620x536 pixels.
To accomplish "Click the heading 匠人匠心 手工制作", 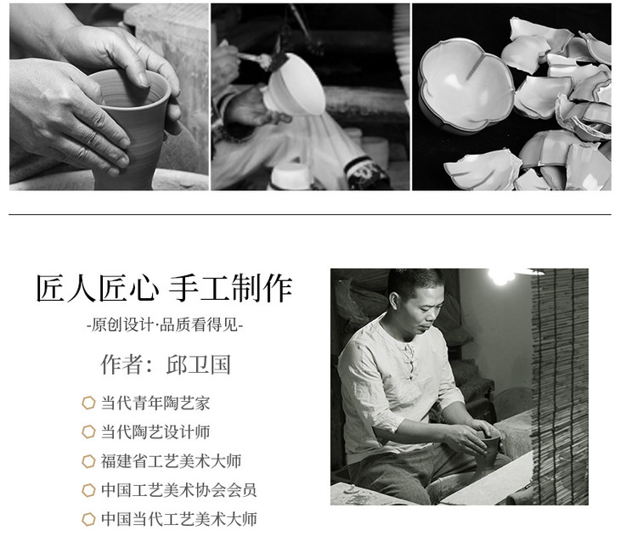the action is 164,288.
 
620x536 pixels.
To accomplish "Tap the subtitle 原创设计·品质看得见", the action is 165,325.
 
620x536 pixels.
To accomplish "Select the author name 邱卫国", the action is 199,364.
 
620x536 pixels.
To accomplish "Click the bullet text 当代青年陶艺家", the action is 155,403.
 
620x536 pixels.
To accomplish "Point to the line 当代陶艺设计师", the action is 155,432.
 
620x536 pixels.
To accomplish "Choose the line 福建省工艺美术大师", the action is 171,461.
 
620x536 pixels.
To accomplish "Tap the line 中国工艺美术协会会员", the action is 178,490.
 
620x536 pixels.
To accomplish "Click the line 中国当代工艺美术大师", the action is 178,519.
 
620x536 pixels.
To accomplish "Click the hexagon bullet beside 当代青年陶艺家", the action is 88,403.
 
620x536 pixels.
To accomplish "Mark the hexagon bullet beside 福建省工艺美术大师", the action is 88,461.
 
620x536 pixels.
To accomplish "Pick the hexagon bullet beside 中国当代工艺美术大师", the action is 88,519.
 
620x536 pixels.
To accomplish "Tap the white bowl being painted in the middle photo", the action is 295,85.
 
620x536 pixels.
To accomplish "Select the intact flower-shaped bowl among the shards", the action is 465,84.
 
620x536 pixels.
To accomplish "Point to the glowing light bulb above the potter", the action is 500,276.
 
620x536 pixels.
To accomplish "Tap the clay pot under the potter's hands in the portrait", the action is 489,451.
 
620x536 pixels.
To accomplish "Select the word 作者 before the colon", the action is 121,364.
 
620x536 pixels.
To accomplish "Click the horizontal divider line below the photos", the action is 310,215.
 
